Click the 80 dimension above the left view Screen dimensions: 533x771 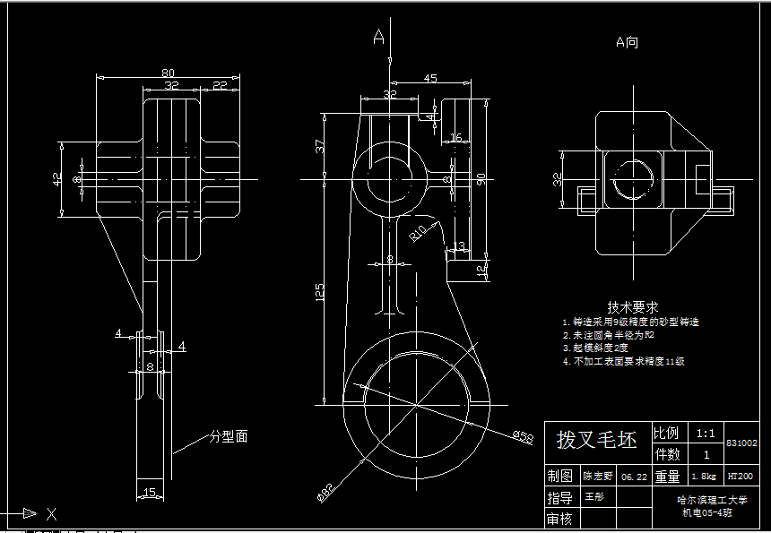pyautogui.click(x=168, y=72)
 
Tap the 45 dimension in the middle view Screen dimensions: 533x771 pyautogui.click(x=430, y=79)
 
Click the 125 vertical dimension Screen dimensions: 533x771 pyautogui.click(x=320, y=292)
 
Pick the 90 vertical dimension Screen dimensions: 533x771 pyautogui.click(x=481, y=179)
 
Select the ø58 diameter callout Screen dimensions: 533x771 pyautogui.click(x=523, y=435)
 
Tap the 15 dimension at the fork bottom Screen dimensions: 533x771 pyautogui.click(x=150, y=491)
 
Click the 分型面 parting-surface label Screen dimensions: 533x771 pyautogui.click(x=229, y=436)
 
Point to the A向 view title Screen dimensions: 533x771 pyautogui.click(x=627, y=42)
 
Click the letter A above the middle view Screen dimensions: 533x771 pyautogui.click(x=379, y=37)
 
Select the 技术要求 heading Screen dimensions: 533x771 pyautogui.click(x=633, y=305)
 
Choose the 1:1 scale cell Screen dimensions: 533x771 pyautogui.click(x=706, y=433)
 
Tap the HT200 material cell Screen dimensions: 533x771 pyautogui.click(x=740, y=476)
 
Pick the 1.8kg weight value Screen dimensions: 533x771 pyautogui.click(x=706, y=477)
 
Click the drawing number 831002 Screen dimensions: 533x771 pyautogui.click(x=741, y=443)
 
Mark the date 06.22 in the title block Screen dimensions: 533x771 pyautogui.click(x=633, y=477)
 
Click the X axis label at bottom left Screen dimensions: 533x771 pyautogui.click(x=51, y=513)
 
